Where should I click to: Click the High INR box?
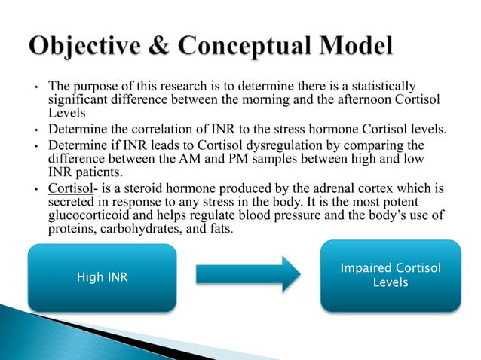(x=103, y=277)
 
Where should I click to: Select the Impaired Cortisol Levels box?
(x=391, y=276)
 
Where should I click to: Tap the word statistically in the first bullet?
(x=382, y=88)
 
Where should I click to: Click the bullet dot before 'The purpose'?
(x=35, y=89)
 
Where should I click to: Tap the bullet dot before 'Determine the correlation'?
(x=35, y=131)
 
